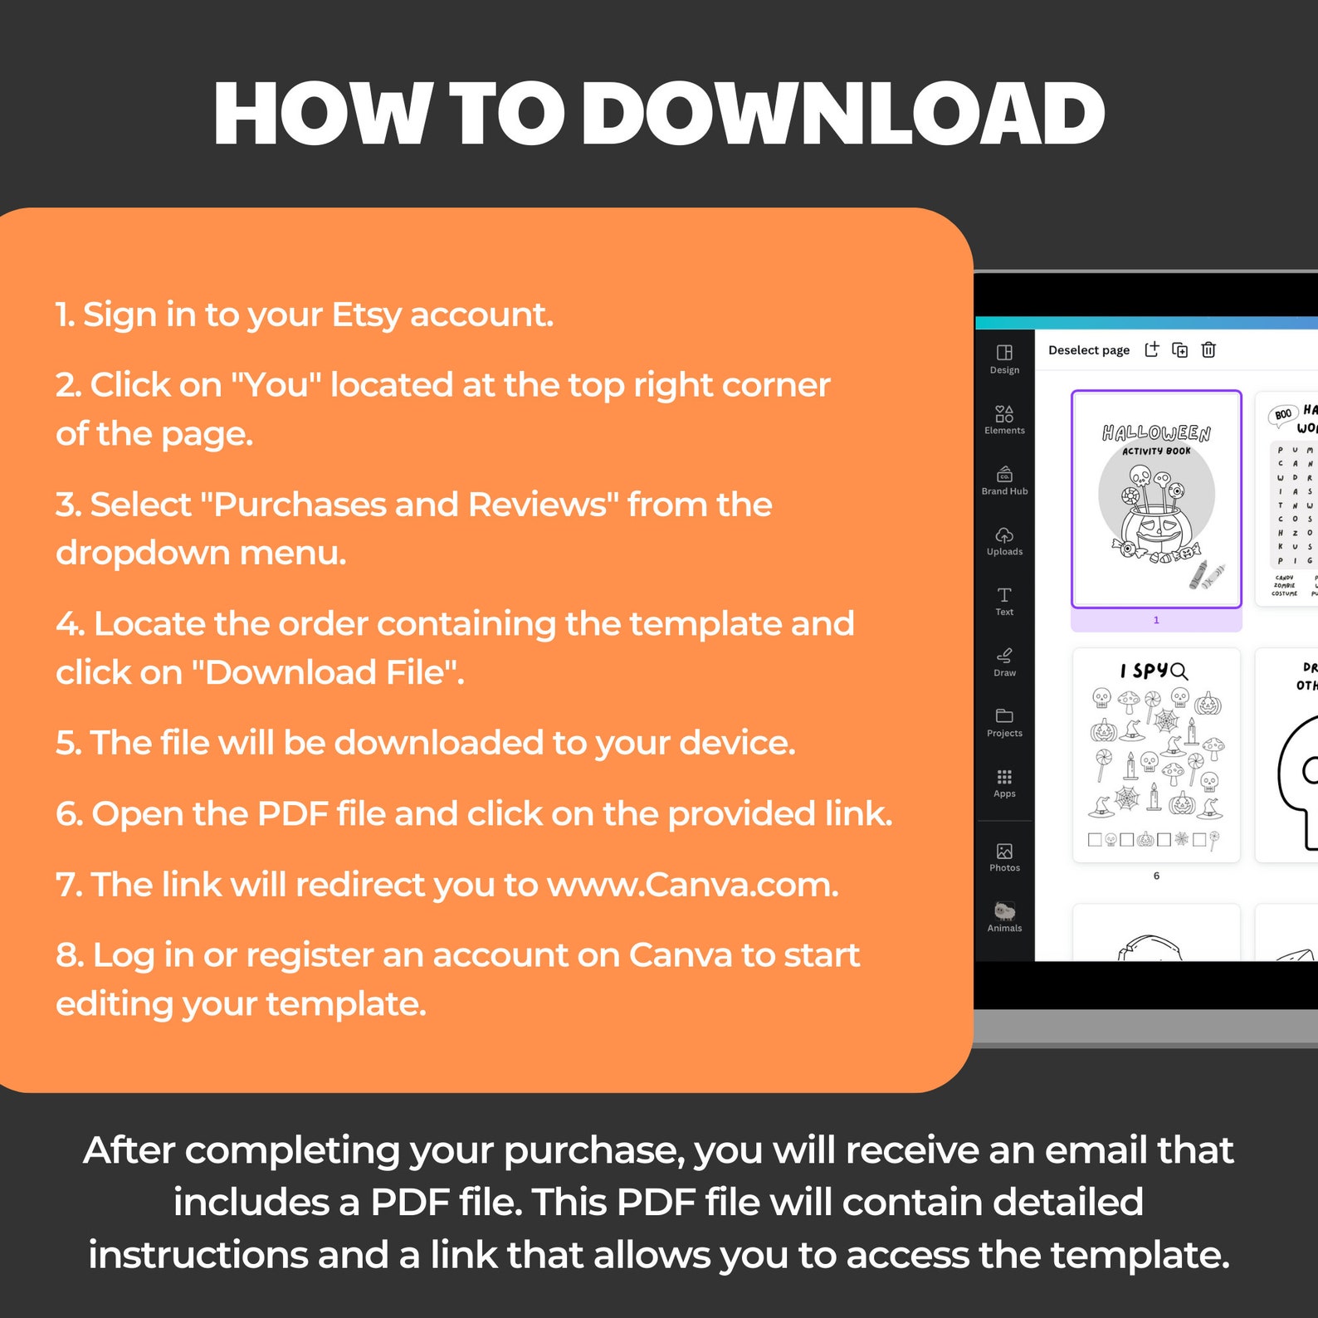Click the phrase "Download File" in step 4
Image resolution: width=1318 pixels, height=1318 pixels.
(326, 673)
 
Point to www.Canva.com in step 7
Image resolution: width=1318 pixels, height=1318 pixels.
(691, 885)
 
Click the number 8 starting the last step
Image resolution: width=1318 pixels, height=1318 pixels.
(68, 955)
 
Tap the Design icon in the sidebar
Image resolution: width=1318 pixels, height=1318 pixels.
(1004, 353)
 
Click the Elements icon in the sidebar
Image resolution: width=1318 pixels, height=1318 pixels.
(1004, 413)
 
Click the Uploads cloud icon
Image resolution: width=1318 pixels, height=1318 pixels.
(1004, 535)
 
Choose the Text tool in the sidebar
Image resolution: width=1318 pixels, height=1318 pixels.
(1004, 595)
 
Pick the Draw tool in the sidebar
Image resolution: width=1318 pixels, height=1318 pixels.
(1004, 656)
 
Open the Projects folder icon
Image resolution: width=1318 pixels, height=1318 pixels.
(1004, 716)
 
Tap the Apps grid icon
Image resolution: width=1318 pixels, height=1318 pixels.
(1004, 777)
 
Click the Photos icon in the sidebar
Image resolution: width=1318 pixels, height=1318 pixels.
(1004, 852)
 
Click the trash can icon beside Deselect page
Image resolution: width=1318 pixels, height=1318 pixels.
(1208, 350)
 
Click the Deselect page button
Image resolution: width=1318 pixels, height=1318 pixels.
(1089, 350)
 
